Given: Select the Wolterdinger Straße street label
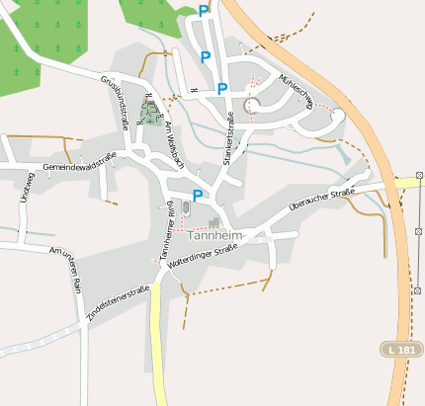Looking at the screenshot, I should pyautogui.click(x=204, y=259).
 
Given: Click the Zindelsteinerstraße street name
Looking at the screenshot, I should pyautogui.click(x=118, y=299).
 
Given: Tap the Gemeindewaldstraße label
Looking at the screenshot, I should pyautogui.click(x=80, y=162).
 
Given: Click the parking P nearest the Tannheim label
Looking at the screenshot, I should pyautogui.click(x=198, y=195).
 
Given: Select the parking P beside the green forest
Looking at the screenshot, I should pyautogui.click(x=205, y=11).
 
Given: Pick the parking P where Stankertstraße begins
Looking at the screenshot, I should pyautogui.click(x=222, y=89).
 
